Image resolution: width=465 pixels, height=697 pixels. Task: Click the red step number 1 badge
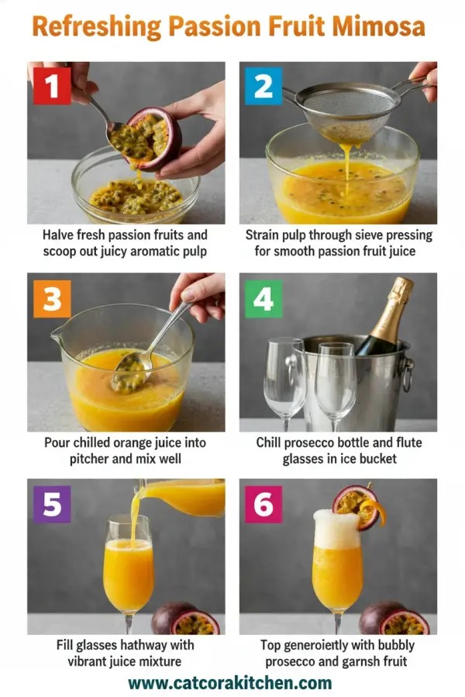(x=51, y=85)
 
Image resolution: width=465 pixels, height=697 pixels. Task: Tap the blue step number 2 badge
(x=263, y=85)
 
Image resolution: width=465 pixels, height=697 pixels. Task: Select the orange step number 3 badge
(x=51, y=297)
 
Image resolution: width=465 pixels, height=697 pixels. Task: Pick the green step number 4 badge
(x=263, y=297)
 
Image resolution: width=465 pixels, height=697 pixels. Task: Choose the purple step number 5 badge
(x=51, y=503)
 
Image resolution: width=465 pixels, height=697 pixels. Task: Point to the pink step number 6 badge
(x=263, y=503)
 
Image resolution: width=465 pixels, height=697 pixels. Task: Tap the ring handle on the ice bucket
(x=407, y=373)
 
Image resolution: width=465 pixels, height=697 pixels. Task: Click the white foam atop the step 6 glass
(x=336, y=529)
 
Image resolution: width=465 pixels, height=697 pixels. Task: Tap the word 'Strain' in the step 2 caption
(x=263, y=235)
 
